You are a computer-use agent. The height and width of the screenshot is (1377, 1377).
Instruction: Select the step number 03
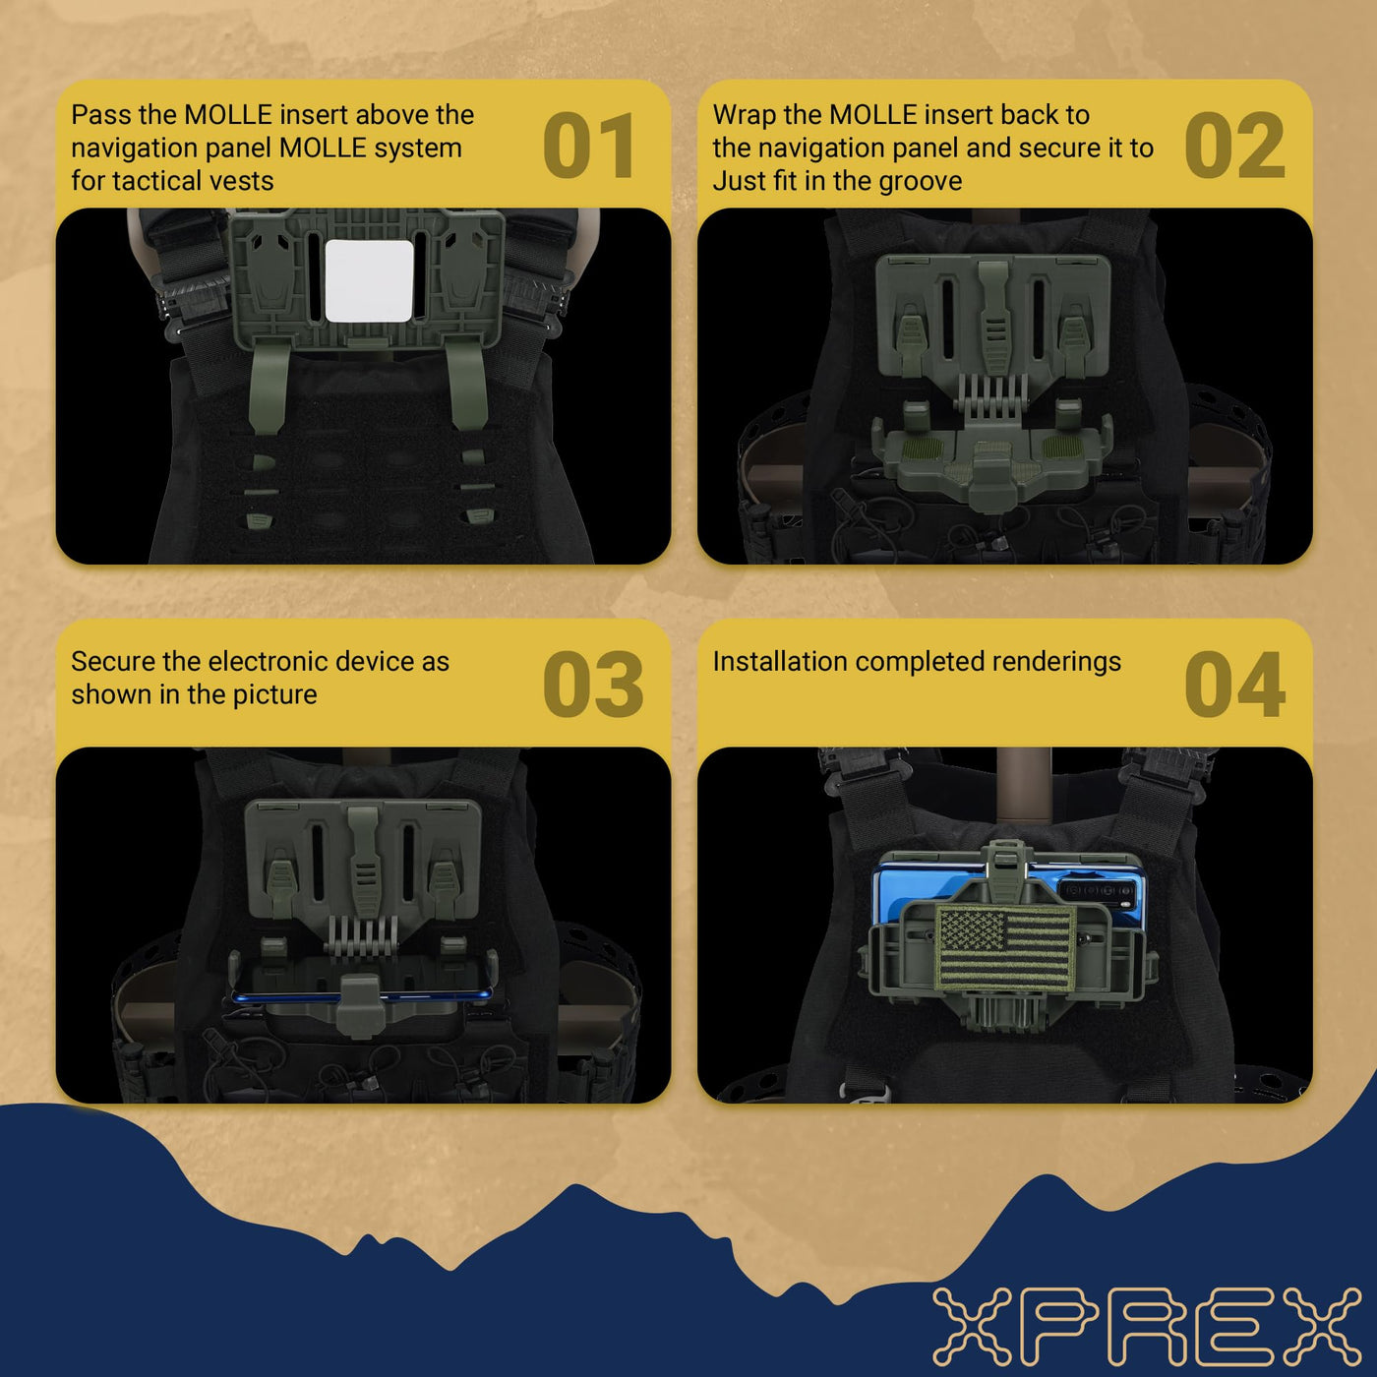(593, 684)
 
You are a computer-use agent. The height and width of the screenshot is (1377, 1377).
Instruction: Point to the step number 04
(1234, 684)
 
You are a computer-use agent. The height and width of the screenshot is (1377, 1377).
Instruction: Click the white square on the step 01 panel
(370, 281)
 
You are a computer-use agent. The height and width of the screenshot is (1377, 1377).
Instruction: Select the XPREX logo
(1147, 1326)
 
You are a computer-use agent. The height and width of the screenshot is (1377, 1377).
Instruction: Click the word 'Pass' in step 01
(99, 115)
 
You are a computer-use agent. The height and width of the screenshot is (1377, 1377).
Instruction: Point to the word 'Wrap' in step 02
(744, 116)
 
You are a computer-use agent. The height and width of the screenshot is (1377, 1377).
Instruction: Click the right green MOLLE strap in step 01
(468, 385)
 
